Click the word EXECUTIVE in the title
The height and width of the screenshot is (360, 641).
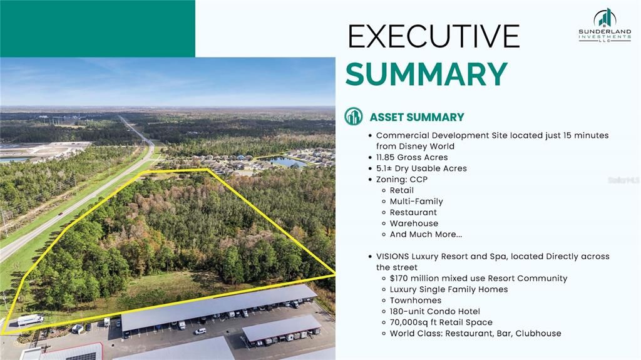[433, 37]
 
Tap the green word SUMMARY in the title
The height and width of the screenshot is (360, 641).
[426, 75]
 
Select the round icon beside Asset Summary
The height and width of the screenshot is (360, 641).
[354, 116]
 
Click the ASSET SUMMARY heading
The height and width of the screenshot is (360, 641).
[416, 117]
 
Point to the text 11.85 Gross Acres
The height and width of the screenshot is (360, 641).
[412, 157]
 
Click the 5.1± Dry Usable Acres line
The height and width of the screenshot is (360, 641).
[421, 168]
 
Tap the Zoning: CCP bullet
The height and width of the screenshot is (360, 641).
[402, 179]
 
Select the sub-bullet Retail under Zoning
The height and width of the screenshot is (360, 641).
[401, 190]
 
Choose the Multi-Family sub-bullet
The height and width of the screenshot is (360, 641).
[416, 202]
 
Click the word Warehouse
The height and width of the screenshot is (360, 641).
[414, 224]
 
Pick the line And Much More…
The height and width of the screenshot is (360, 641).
[426, 234]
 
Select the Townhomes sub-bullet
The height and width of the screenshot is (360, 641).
[415, 301]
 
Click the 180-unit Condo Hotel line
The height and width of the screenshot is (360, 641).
[434, 311]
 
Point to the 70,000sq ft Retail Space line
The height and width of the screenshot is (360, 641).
[441, 322]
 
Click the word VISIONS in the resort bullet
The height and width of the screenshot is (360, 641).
[392, 257]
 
